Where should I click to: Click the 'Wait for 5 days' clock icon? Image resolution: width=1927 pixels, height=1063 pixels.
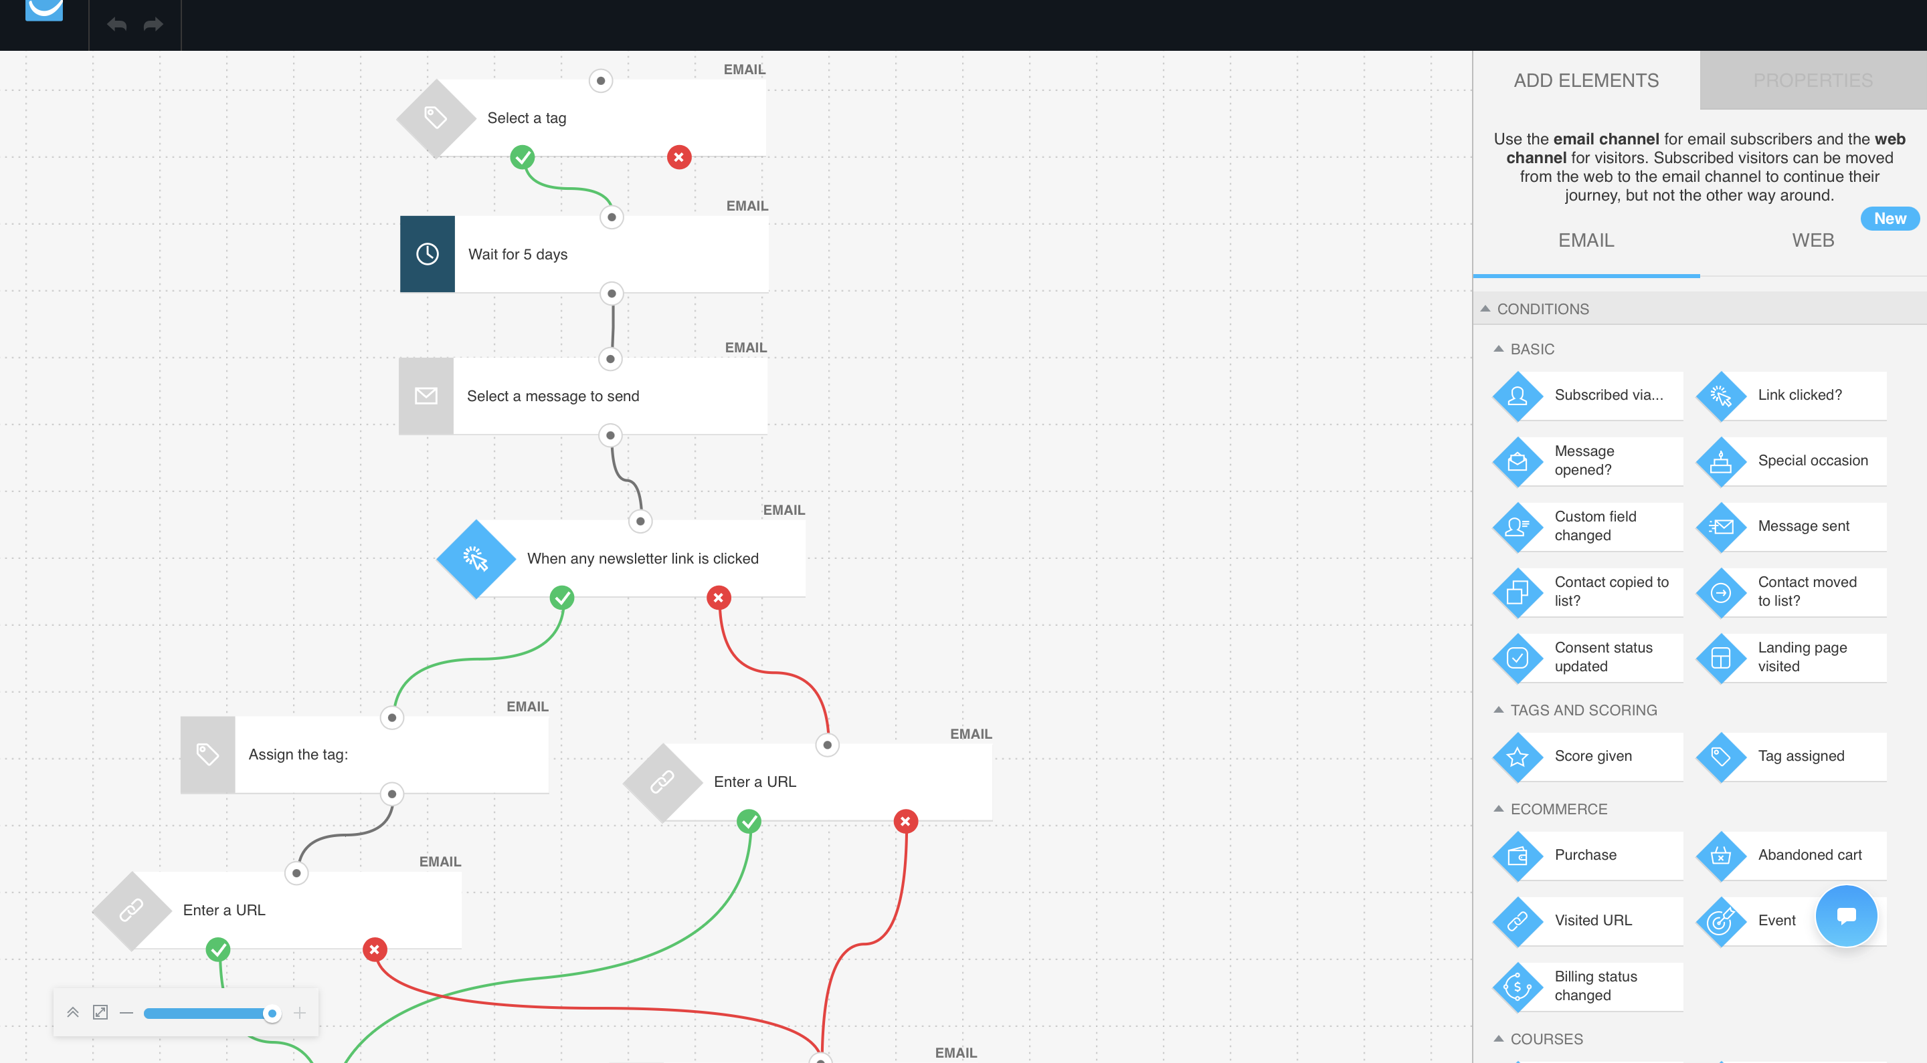[x=427, y=254]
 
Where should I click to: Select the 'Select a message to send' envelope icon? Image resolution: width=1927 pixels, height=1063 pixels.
[x=426, y=396]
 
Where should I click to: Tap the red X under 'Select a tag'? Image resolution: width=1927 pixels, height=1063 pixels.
[x=678, y=157]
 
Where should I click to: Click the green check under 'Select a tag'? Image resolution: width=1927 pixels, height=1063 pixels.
[x=522, y=157]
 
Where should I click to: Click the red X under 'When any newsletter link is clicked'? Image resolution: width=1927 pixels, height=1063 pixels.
[x=718, y=597]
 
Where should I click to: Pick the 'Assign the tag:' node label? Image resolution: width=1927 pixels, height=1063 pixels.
[x=298, y=754]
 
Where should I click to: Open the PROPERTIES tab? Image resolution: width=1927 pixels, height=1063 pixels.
[x=1813, y=80]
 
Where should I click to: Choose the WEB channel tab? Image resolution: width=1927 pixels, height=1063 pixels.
[x=1813, y=240]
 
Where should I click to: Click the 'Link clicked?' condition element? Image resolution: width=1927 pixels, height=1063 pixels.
[x=1791, y=395]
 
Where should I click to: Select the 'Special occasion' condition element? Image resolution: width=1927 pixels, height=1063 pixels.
[x=1791, y=461]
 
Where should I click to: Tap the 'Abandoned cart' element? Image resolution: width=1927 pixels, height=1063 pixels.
[x=1791, y=855]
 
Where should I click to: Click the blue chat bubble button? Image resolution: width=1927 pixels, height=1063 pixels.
[x=1846, y=916]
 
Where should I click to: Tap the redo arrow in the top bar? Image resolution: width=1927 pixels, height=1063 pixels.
[x=153, y=25]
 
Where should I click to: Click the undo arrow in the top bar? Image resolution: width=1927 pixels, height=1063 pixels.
[x=116, y=25]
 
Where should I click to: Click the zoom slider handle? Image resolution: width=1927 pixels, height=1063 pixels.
[x=272, y=1014]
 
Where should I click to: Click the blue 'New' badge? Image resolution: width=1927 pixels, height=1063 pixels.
[x=1890, y=218]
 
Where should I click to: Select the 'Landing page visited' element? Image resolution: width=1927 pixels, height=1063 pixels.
[x=1791, y=658]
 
